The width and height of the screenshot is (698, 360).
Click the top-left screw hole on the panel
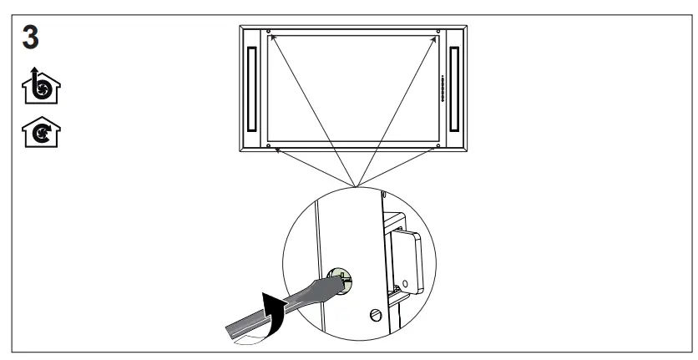[x=269, y=33]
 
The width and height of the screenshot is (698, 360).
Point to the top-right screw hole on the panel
[x=438, y=33]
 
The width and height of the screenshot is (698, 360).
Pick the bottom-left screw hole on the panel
[x=269, y=147]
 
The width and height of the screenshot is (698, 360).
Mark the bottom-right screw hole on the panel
[x=438, y=147]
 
